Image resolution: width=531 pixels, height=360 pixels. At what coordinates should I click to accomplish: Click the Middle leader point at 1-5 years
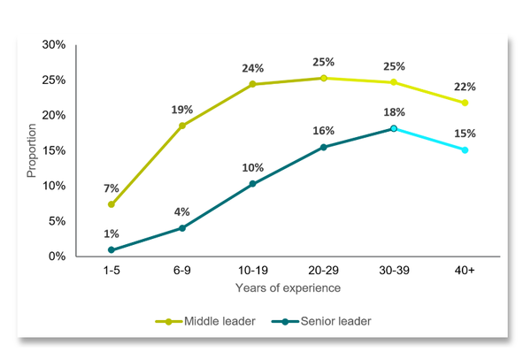111,204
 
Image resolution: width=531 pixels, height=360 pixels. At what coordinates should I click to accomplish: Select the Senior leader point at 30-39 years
393,128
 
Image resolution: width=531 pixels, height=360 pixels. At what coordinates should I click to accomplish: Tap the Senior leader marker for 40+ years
464,149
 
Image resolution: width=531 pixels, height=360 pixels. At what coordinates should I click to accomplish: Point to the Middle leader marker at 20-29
323,78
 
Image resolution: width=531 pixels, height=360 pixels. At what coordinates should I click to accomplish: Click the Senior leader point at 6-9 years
181,228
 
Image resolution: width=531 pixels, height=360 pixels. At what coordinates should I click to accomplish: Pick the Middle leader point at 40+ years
464,103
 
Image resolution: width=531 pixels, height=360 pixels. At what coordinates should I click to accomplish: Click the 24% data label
252,67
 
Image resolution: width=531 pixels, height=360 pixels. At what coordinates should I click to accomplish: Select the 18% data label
393,112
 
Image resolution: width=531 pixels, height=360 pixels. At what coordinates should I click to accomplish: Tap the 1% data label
111,234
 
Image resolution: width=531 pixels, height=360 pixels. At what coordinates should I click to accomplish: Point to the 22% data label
466,87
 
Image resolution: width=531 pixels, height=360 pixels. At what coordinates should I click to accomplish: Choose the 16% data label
323,131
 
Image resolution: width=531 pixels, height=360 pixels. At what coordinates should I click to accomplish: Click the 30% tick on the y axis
54,45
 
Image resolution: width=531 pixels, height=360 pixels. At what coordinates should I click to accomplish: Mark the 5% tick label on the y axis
57,221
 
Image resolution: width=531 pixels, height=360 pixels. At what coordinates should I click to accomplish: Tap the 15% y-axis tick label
54,150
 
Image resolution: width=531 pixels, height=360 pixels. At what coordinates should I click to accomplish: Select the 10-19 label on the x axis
252,271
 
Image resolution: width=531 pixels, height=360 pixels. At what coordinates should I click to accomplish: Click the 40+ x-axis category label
464,271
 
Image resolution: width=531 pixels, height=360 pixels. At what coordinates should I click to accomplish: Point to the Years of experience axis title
288,288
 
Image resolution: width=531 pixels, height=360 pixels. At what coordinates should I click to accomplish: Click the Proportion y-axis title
32,150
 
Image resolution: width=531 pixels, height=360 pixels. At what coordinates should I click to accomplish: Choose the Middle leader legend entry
207,321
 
